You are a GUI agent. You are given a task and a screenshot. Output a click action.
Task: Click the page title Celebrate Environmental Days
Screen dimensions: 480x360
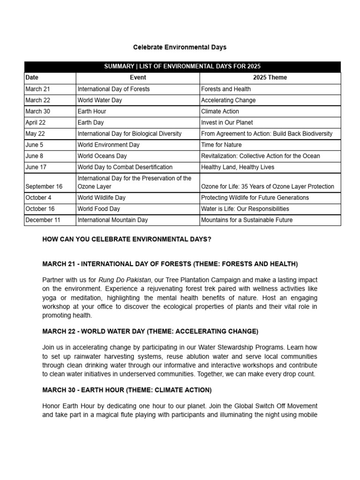point(180,47)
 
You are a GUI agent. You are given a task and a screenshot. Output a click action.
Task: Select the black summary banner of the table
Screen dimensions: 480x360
point(182,67)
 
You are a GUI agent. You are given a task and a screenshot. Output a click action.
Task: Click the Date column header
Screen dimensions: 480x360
point(32,78)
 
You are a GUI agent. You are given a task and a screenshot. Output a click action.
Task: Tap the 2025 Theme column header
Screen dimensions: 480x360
point(270,78)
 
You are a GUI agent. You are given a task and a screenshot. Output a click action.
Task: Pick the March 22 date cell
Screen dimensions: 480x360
point(38,100)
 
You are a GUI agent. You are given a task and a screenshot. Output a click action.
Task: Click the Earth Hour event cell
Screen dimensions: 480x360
point(92,112)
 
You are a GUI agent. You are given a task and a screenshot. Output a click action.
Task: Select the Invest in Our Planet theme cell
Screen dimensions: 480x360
point(227,123)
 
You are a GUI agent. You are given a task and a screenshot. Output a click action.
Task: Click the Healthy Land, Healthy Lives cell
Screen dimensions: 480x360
point(238,167)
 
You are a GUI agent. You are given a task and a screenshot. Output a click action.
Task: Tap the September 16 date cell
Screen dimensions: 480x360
point(44,187)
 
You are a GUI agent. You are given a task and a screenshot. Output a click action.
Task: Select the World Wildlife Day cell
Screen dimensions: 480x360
point(101,198)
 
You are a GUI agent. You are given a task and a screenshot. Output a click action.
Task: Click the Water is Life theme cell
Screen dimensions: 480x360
point(245,209)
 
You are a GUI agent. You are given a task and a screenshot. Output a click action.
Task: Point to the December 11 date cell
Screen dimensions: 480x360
point(43,220)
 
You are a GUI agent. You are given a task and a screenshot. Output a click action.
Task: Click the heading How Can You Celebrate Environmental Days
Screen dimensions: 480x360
point(127,240)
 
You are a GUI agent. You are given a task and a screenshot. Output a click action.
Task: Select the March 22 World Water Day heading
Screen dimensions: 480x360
point(150,331)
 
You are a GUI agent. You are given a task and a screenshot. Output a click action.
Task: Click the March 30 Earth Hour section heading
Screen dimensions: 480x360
point(127,390)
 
